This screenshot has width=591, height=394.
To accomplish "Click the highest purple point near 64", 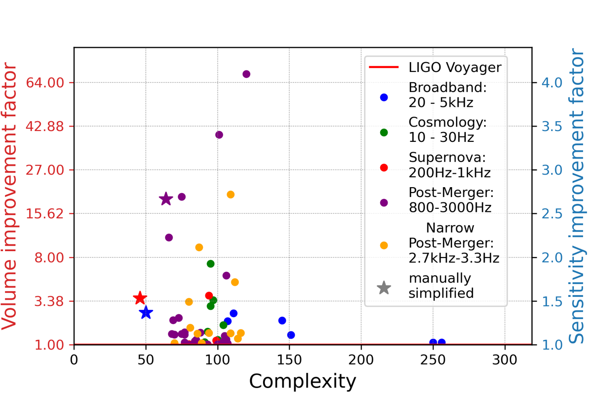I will (246, 74).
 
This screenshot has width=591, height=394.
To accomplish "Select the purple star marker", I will (166, 199).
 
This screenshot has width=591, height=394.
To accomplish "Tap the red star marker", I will (140, 298).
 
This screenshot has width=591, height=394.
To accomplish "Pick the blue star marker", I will (146, 313).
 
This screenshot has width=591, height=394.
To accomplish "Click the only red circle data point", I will (209, 295).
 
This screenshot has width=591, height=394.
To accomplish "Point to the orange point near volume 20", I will (230, 195).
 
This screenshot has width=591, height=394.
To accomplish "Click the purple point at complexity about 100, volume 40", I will (219, 135).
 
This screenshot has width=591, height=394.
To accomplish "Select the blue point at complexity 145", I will (282, 321).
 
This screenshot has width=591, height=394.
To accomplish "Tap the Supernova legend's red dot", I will (384, 167).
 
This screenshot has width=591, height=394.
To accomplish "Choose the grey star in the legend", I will (384, 288).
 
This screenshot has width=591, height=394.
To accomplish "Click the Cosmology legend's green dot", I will (384, 132).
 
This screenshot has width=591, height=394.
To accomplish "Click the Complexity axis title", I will (302, 381).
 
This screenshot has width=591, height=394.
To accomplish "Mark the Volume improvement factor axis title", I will (11, 197).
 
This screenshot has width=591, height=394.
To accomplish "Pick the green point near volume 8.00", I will (211, 263).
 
